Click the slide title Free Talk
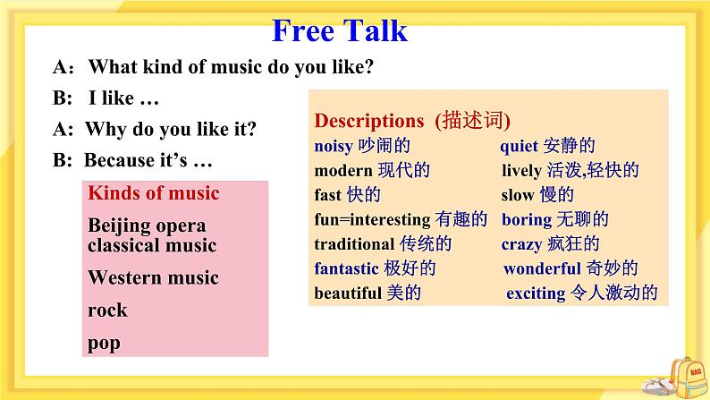pyautogui.click(x=339, y=30)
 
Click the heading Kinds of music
pyautogui.click(x=154, y=193)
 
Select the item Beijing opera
pyautogui.click(x=147, y=226)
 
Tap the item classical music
pyautogui.click(x=152, y=244)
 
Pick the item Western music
pyautogui.click(x=153, y=277)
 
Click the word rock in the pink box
pyautogui.click(x=107, y=311)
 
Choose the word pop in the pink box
pyautogui.click(x=104, y=343)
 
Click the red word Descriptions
pyautogui.click(x=369, y=120)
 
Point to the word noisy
pyautogui.click(x=334, y=145)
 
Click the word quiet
pyautogui.click(x=520, y=145)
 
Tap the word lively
pyautogui.click(x=521, y=170)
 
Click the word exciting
pyautogui.click(x=536, y=293)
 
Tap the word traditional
pyautogui.click(x=353, y=243)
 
